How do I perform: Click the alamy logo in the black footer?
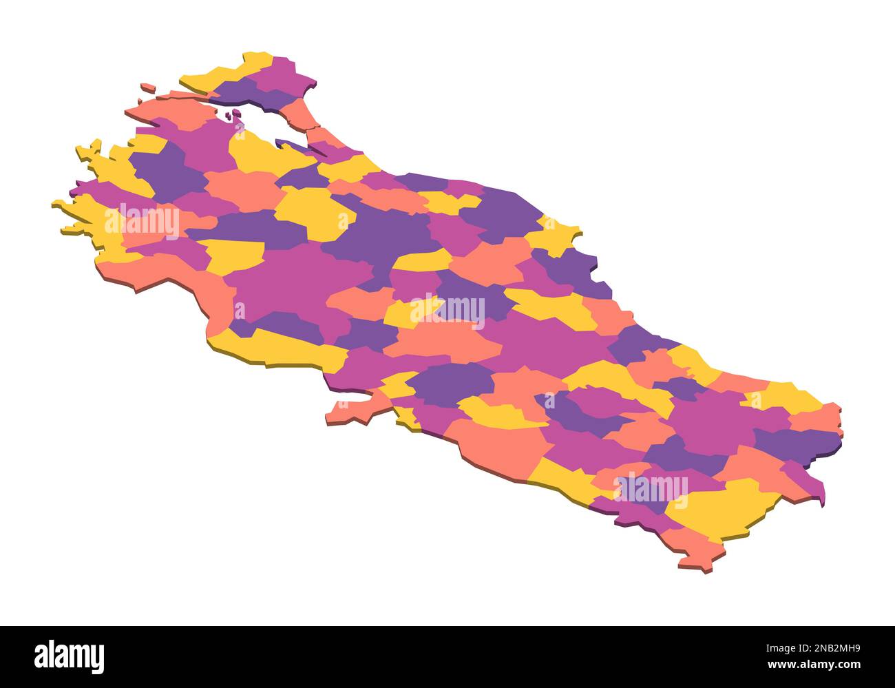point(69,656)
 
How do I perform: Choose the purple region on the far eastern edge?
point(799,441)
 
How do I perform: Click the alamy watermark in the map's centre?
point(447,310)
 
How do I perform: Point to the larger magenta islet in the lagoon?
point(237,113)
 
